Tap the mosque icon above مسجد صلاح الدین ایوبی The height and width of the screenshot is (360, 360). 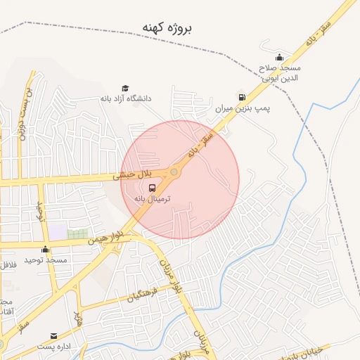tap(279, 58)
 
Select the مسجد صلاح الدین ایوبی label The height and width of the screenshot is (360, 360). tap(279, 72)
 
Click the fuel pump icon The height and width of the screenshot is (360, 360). tap(242, 96)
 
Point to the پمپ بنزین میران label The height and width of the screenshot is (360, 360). tap(243, 109)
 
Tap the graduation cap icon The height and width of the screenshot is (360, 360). tap(125, 88)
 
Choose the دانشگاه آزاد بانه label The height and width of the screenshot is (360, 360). tap(126, 98)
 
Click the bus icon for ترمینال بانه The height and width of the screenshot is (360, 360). tap(153, 188)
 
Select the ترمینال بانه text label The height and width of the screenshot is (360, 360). tap(153, 199)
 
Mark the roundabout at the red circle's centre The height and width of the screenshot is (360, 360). tap(174, 172)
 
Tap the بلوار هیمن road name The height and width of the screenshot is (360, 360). tap(105, 237)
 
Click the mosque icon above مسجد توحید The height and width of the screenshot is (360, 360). tap(46, 249)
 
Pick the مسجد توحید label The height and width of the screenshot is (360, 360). tap(46, 260)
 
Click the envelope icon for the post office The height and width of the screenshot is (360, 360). tap(53, 336)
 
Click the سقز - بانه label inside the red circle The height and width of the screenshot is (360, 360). tap(199, 143)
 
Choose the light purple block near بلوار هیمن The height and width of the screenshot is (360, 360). tap(57, 231)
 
